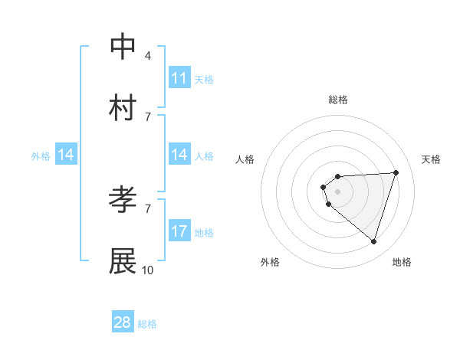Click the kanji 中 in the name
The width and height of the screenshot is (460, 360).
pyautogui.click(x=123, y=47)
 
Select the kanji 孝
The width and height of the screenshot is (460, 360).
pyautogui.click(x=123, y=200)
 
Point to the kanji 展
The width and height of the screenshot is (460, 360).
pyautogui.click(x=123, y=261)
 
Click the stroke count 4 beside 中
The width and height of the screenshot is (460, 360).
pyautogui.click(x=148, y=55)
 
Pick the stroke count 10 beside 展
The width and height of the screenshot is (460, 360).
pyautogui.click(x=148, y=270)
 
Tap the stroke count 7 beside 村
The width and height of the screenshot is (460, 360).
pyautogui.click(x=148, y=116)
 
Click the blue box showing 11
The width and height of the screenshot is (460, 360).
pyautogui.click(x=179, y=78)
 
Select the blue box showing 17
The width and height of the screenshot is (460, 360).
pyautogui.click(x=179, y=231)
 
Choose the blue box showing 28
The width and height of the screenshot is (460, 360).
pyautogui.click(x=123, y=322)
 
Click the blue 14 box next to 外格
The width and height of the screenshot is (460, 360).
pyautogui.click(x=66, y=155)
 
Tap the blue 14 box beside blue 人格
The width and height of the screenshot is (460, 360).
pyautogui.click(x=179, y=155)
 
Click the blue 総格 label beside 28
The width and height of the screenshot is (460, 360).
pyautogui.click(x=147, y=324)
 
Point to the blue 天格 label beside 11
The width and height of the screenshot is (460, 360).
pyautogui.click(x=204, y=79)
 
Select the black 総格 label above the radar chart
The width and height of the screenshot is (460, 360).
pyautogui.click(x=338, y=100)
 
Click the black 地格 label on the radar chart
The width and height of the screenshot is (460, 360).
pyautogui.click(x=402, y=262)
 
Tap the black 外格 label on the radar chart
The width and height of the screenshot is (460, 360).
pyautogui.click(x=270, y=262)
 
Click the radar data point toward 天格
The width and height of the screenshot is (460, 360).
pyautogui.click(x=396, y=172)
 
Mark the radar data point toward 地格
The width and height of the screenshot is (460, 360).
pyautogui.click(x=373, y=242)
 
